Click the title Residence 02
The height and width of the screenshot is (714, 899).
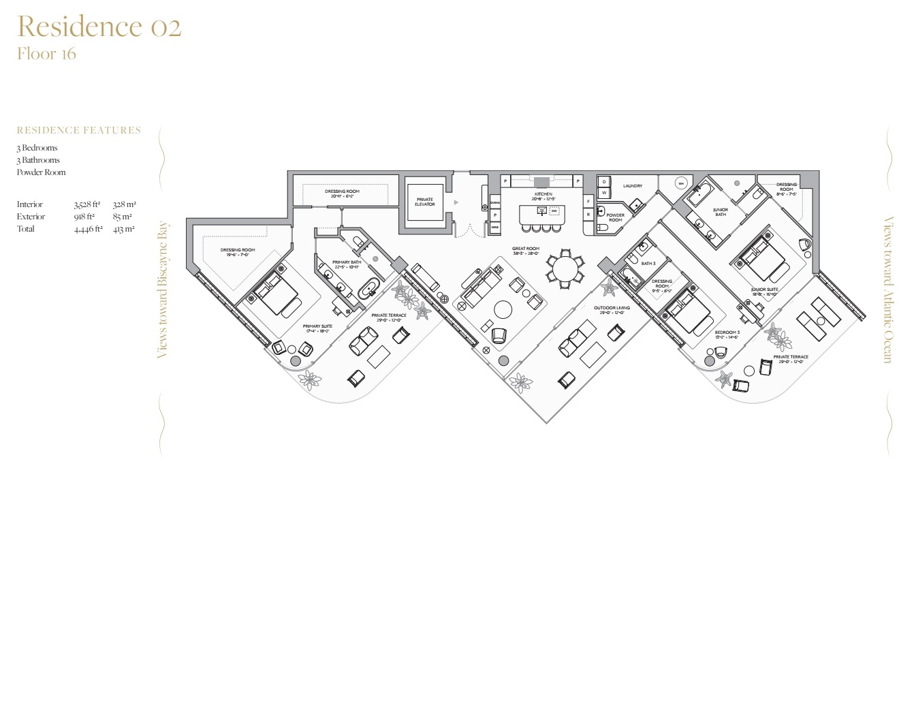coord(99,27)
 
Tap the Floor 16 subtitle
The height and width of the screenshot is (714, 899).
coord(46,54)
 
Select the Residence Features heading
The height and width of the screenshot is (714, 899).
coord(79,130)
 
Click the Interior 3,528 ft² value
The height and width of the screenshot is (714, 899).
coord(87,204)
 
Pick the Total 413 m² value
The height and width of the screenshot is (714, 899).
coord(124,229)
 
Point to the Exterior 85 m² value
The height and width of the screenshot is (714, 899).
coord(123,217)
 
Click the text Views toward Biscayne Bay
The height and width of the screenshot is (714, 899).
coord(162,290)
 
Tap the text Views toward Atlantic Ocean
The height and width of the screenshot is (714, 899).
coord(887,290)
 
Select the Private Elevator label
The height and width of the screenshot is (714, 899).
coord(424,202)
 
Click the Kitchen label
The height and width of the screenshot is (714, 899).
coord(543,194)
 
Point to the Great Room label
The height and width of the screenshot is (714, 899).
coord(526,249)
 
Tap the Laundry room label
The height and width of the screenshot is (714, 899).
coord(632,186)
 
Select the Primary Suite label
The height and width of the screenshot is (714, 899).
coord(317,327)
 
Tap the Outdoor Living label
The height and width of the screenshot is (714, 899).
coord(612,309)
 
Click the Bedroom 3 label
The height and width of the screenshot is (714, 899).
coord(727,332)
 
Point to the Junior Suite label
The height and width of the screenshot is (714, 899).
coord(764,290)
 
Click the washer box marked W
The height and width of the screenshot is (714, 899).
coord(604,193)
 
